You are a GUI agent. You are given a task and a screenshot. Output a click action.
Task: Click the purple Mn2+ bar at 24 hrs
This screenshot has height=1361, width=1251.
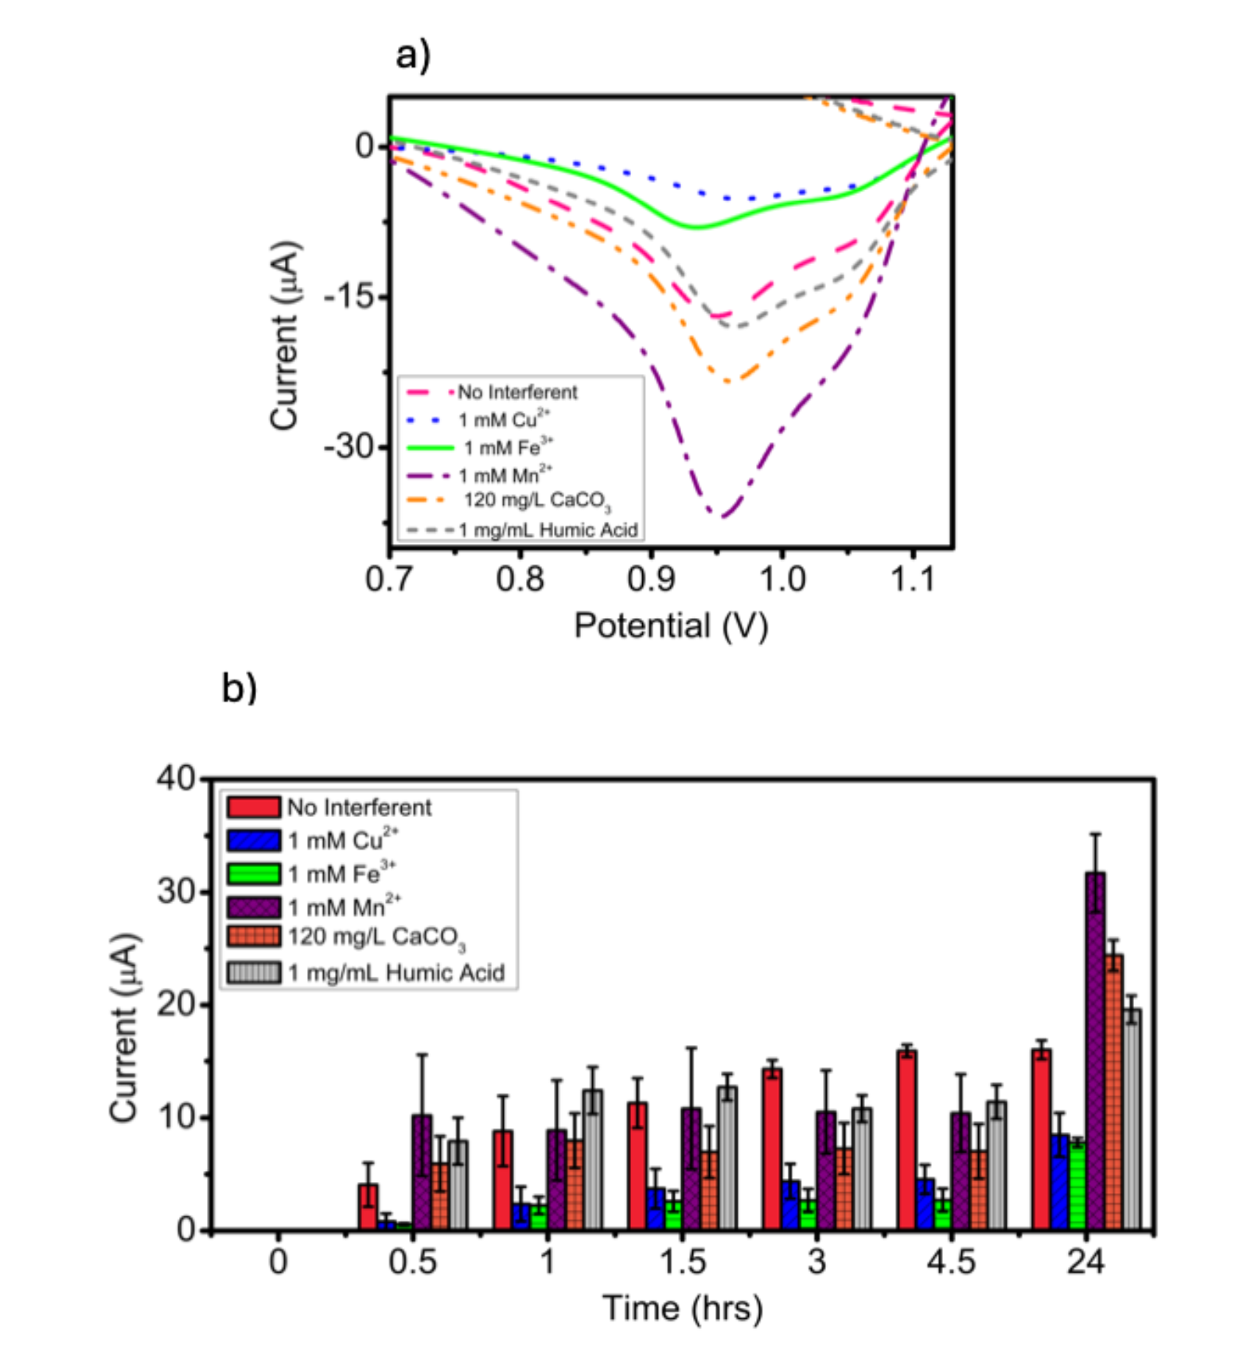[x=1095, y=1050]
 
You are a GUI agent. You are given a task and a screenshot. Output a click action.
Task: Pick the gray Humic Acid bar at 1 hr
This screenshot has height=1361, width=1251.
[x=592, y=1159]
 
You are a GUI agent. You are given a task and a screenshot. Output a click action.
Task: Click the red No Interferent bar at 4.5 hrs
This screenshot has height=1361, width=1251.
[x=906, y=1139]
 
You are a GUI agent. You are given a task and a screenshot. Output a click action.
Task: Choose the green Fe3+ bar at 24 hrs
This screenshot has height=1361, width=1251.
[x=1078, y=1185]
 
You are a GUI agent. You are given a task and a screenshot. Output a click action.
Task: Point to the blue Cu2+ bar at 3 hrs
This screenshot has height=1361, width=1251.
[x=790, y=1204]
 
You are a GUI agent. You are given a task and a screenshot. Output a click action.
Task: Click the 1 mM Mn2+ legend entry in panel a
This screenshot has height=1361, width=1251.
[x=505, y=476]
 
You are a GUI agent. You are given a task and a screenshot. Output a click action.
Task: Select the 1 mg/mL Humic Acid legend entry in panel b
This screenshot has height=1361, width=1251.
[x=396, y=972]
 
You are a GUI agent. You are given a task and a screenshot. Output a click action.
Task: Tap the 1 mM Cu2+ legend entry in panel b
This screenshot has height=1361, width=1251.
[x=343, y=840]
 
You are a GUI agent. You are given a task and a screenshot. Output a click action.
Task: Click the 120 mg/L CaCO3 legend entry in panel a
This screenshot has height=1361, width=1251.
[x=536, y=500]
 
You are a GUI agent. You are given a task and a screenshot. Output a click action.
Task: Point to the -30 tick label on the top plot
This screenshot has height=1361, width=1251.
[x=349, y=446]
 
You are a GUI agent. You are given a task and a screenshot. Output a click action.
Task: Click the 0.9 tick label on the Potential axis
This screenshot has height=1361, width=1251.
[x=650, y=579]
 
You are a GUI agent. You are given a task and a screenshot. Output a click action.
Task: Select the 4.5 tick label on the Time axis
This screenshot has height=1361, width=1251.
[x=951, y=1262]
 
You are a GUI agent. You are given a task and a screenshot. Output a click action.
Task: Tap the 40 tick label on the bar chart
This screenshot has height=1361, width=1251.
[x=176, y=778]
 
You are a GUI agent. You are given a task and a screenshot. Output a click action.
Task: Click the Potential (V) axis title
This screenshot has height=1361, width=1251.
[x=671, y=626]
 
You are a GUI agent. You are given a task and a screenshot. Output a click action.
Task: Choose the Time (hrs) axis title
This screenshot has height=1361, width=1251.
[x=682, y=1308]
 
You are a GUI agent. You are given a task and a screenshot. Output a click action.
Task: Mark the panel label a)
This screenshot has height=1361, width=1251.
[x=413, y=56]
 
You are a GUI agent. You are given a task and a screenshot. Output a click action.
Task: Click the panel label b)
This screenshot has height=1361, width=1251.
[x=239, y=687]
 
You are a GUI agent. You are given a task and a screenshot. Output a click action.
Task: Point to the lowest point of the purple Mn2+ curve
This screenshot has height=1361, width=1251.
[x=721, y=517]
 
